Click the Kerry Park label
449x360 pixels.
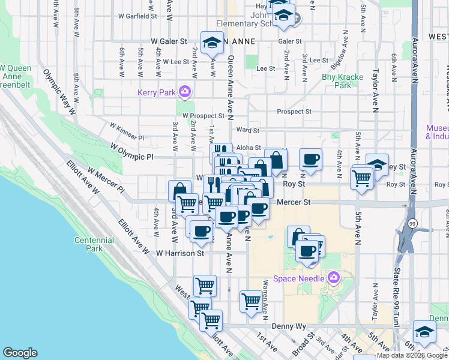point(155,92)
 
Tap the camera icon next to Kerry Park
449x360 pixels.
point(184,92)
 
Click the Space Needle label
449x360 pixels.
point(298,278)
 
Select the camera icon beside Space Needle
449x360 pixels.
point(334,278)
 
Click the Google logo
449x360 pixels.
point(20,353)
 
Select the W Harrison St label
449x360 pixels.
point(180,253)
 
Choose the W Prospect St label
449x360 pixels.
point(203,115)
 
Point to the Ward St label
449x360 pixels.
point(247,130)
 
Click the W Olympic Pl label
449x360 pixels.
point(132,153)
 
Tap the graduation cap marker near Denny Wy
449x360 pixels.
point(424,332)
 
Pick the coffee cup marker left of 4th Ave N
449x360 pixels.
point(310,160)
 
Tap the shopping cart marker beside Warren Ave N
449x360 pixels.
point(251,302)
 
